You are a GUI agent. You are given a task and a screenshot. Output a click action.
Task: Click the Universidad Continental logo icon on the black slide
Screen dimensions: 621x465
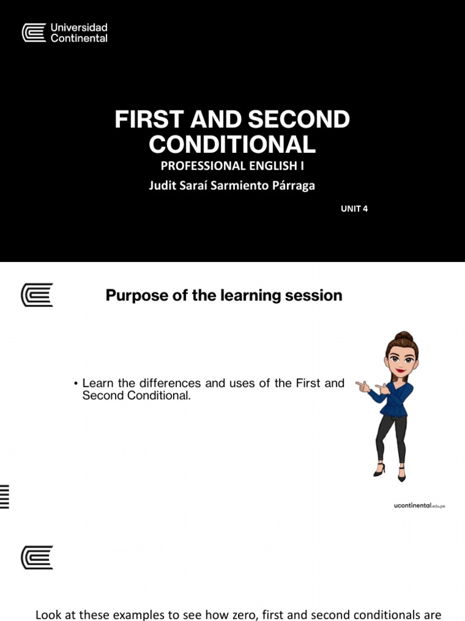[x=34, y=33]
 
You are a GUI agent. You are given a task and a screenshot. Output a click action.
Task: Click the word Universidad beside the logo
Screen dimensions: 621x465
[x=79, y=27]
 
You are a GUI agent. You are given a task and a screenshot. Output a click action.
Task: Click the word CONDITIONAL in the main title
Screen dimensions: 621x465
[x=232, y=144]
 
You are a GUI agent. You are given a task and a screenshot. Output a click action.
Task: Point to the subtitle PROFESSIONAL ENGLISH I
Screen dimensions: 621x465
[x=232, y=166]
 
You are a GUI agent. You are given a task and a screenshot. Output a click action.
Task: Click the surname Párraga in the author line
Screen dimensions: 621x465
[x=292, y=186]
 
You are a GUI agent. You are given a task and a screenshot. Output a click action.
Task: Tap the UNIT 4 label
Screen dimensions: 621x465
[x=354, y=209]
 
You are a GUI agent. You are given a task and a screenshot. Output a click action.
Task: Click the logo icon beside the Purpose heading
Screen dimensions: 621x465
[x=37, y=295]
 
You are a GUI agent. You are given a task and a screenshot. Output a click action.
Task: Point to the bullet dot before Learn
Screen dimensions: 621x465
[x=76, y=384]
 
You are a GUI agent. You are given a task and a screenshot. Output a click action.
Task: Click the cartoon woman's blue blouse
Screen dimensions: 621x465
[x=397, y=398]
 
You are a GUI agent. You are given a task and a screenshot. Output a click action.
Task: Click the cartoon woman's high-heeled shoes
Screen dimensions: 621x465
[x=389, y=472]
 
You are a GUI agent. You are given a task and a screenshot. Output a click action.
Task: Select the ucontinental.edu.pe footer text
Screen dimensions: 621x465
[x=419, y=505]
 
